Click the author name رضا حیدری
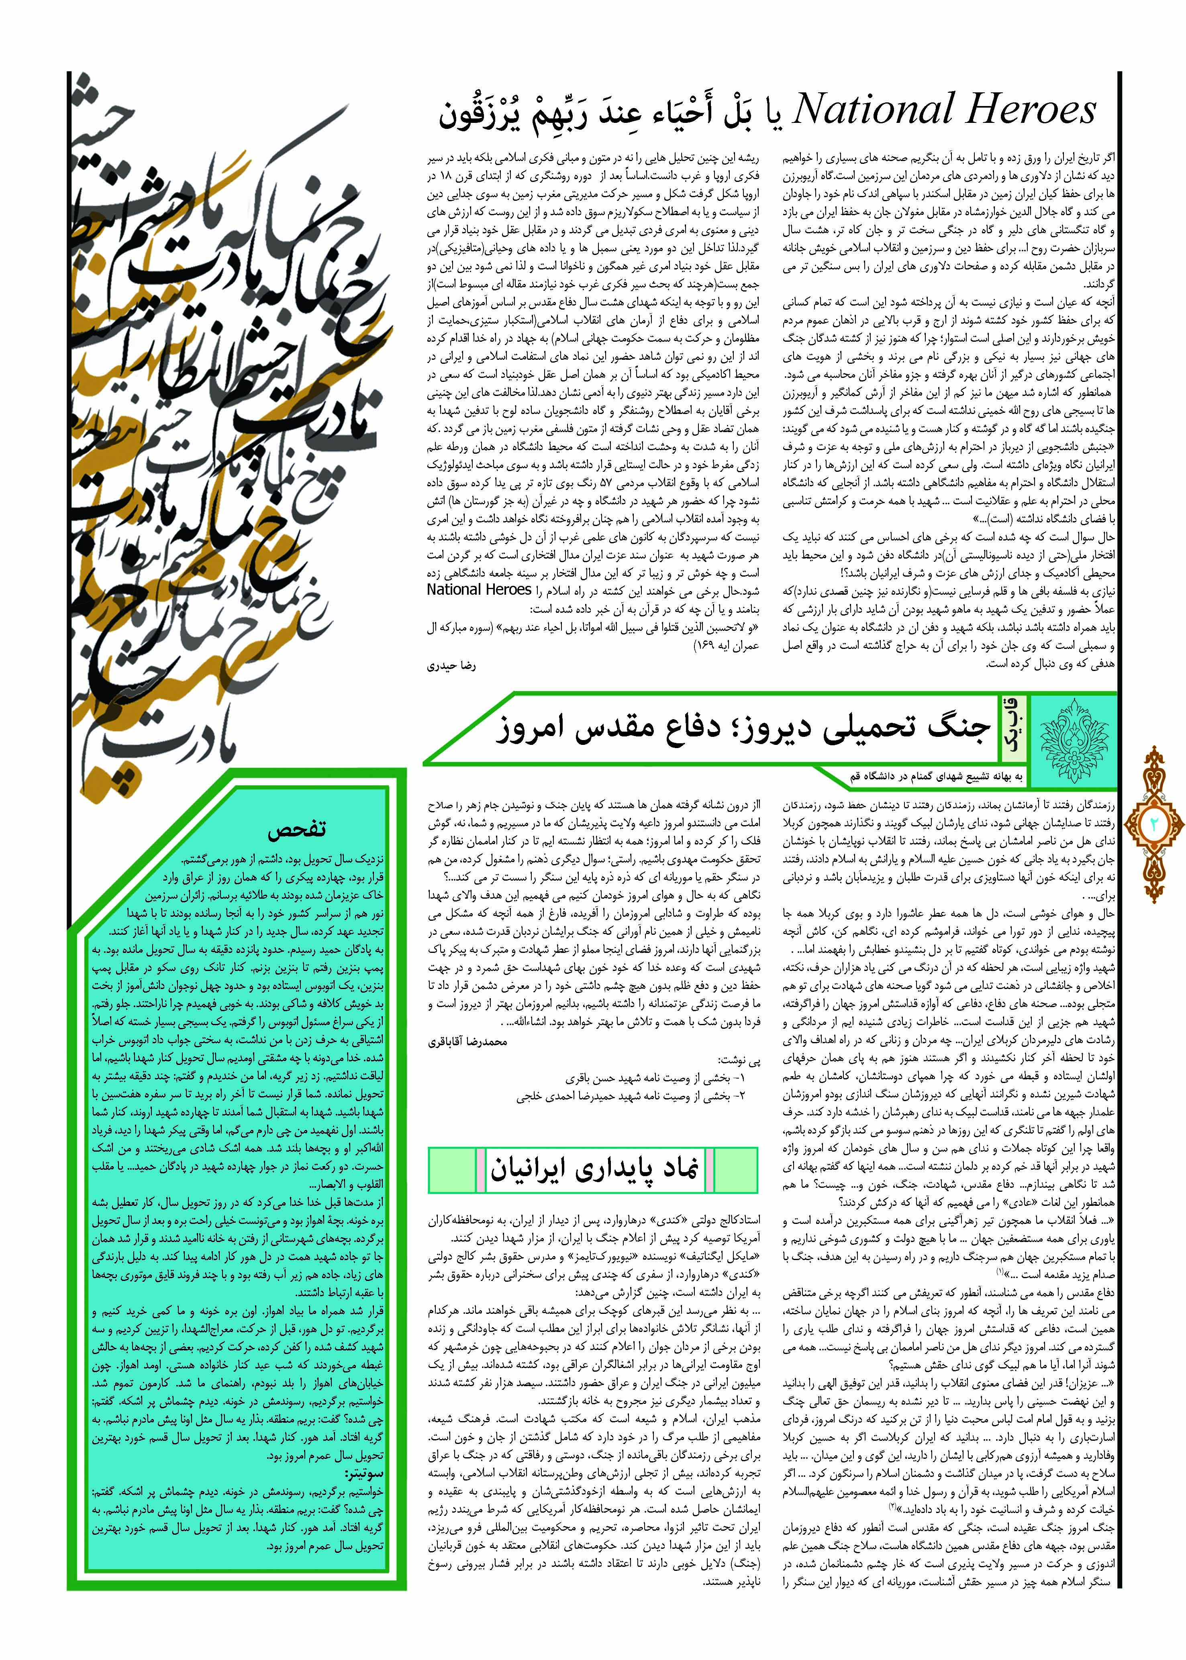[x=451, y=667]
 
